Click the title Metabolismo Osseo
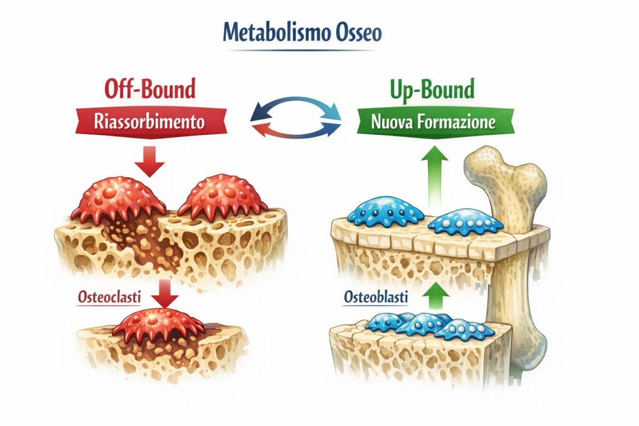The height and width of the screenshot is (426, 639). click(302, 33)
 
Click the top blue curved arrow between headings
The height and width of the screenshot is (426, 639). click(296, 106)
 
